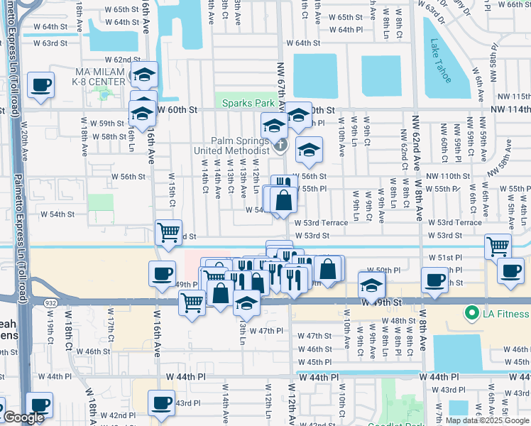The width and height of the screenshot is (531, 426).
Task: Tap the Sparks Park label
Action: [248, 103]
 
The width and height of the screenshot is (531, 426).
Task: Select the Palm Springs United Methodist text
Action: [233, 145]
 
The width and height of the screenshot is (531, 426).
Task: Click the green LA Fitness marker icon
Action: [470, 312]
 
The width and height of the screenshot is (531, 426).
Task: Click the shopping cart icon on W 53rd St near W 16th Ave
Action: [168, 231]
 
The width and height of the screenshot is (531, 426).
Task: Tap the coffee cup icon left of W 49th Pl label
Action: [162, 273]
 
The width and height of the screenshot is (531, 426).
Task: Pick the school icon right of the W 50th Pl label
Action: [371, 285]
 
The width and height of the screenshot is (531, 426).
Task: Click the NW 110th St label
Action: [448, 176]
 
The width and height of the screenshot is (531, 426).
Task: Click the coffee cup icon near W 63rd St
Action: [40, 86]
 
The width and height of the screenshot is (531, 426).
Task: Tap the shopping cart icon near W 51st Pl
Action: [498, 246]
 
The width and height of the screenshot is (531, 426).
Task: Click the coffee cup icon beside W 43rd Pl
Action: [162, 402]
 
